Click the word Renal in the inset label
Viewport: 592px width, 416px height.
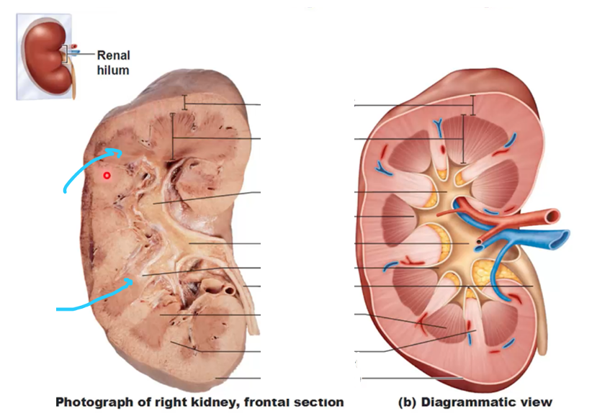tap(113, 55)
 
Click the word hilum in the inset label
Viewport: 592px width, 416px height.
tap(113, 70)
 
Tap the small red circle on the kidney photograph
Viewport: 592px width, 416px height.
tap(107, 175)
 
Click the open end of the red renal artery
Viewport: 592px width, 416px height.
tap(555, 216)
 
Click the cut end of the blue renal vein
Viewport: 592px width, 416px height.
tap(562, 239)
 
